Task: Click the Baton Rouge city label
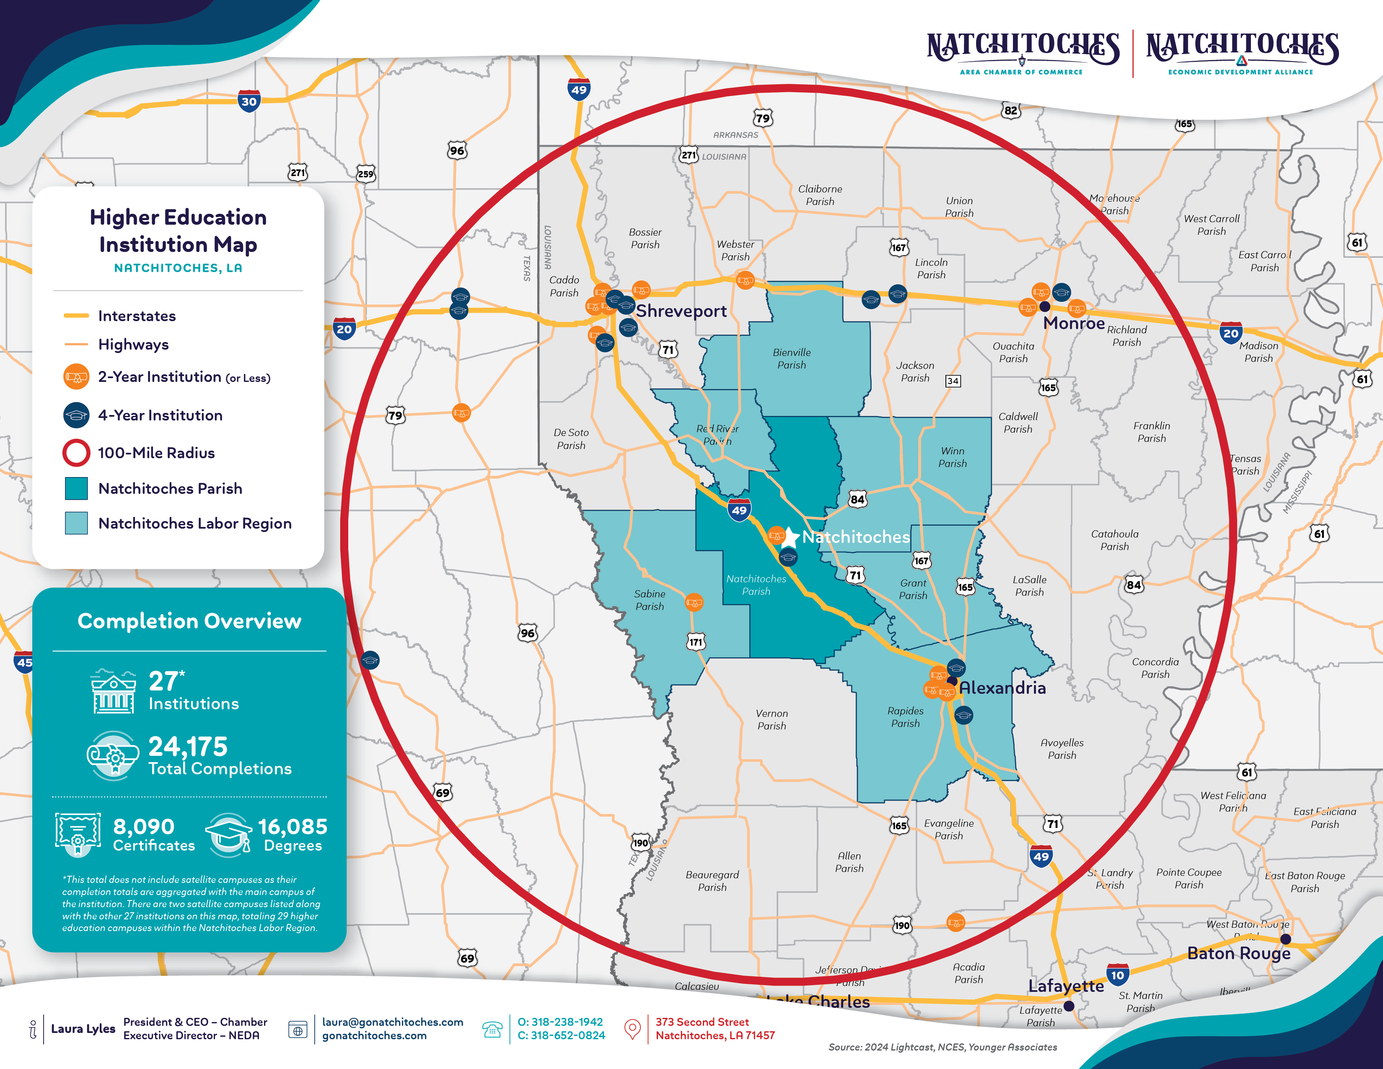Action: coord(1238,953)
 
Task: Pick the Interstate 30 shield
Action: coord(249,101)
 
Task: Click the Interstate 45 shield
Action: coord(24,662)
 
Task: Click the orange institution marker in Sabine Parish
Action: coord(694,602)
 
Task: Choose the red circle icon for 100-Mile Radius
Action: coord(76,453)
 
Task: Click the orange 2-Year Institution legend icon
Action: coord(76,377)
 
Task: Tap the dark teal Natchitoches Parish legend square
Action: coord(76,488)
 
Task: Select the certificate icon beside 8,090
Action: coord(78,835)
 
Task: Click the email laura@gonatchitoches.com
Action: coord(393,1022)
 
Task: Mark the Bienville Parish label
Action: coord(792,358)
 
